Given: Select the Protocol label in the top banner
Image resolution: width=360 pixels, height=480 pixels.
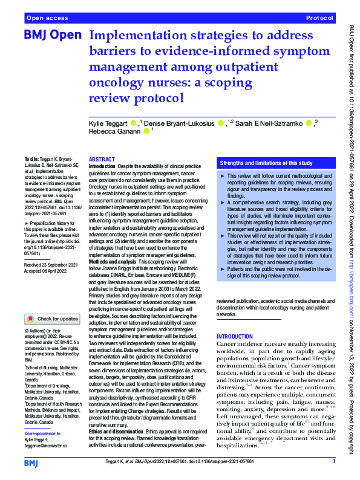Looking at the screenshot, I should [x=320, y=19].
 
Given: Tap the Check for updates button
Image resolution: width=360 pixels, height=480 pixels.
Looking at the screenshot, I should [x=53, y=318].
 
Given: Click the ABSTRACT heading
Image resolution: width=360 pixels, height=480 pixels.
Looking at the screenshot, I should [x=102, y=158].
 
